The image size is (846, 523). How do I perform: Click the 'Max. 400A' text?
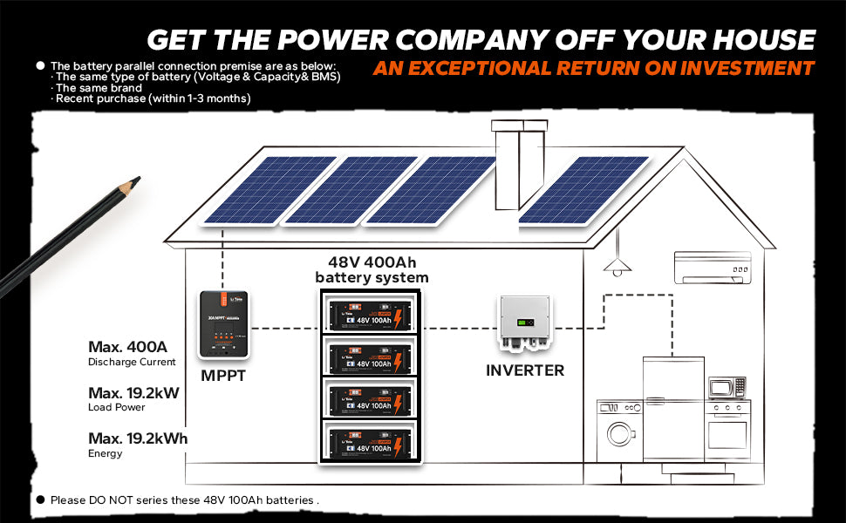[x=127, y=347]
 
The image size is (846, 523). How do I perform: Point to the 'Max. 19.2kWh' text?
[x=138, y=438]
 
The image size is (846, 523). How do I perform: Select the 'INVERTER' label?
[x=525, y=370]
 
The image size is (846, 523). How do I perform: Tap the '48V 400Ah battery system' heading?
[x=372, y=269]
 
